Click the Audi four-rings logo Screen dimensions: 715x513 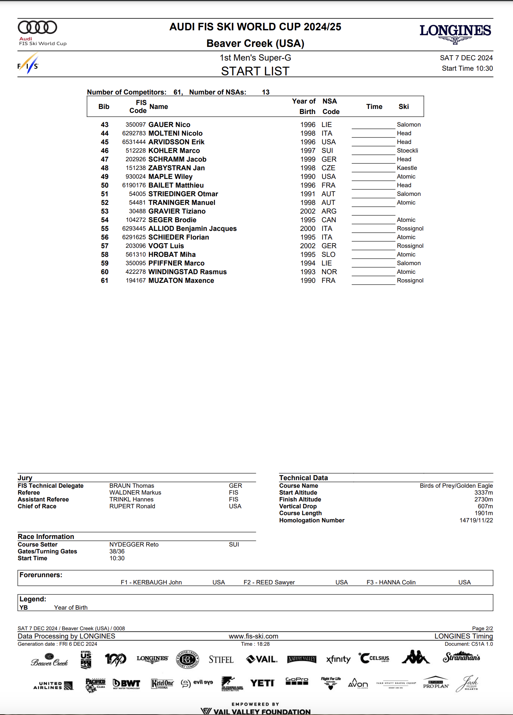point(38,27)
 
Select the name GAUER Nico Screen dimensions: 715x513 point(169,125)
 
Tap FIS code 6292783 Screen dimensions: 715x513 point(134,133)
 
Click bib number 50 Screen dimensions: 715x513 point(105,185)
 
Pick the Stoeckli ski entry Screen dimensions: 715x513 point(407,151)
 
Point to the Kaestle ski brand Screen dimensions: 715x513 point(407,168)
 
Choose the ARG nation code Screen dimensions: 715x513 point(329,211)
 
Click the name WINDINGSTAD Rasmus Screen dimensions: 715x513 point(187,272)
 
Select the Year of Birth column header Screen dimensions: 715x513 point(304,106)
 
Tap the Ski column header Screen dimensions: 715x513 point(403,107)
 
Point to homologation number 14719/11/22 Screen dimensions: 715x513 point(476,521)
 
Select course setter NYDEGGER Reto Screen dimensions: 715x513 point(134,545)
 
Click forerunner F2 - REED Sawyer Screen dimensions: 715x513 point(269,583)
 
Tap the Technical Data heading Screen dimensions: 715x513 point(303,478)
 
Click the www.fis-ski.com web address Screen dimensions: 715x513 point(253,636)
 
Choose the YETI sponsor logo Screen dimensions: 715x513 point(262,683)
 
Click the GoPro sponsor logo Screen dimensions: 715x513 point(297,681)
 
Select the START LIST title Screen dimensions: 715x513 point(255,71)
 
